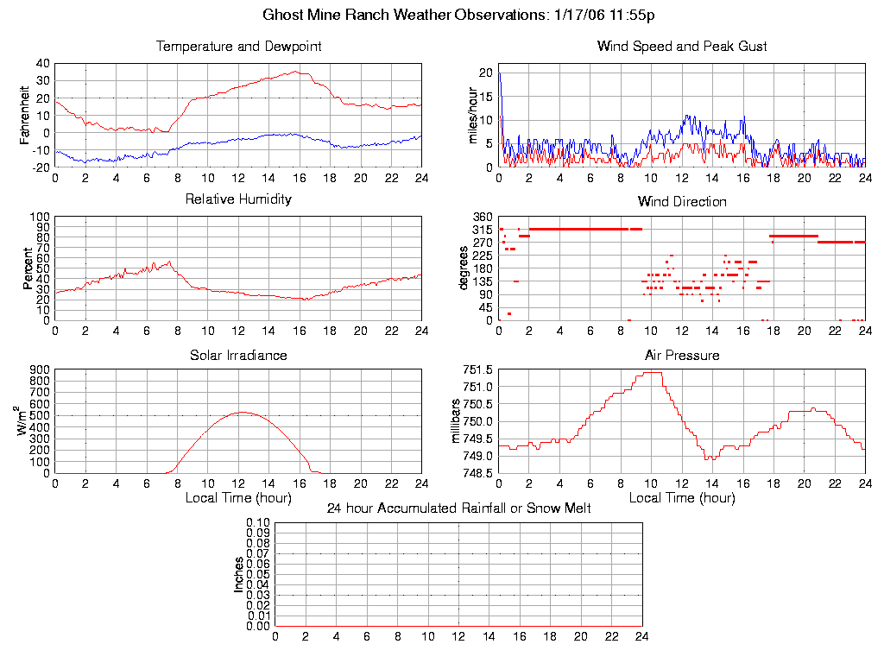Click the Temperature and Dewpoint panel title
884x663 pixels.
(238, 47)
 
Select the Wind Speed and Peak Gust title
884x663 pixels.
(682, 47)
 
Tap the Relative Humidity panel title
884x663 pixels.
(238, 199)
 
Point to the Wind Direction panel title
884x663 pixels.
(682, 202)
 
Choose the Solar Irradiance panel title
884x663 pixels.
(238, 355)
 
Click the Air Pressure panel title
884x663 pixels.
(682, 355)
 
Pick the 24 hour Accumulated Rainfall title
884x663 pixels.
(458, 508)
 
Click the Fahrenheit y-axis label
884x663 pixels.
(25, 115)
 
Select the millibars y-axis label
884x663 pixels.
(458, 421)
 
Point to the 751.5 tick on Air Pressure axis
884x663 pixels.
(477, 370)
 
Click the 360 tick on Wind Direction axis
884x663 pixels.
(483, 217)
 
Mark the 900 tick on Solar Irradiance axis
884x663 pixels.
(40, 370)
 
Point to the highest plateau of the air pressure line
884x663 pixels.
(653, 373)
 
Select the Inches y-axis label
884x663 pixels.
(239, 574)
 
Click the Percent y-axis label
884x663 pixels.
(28, 268)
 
